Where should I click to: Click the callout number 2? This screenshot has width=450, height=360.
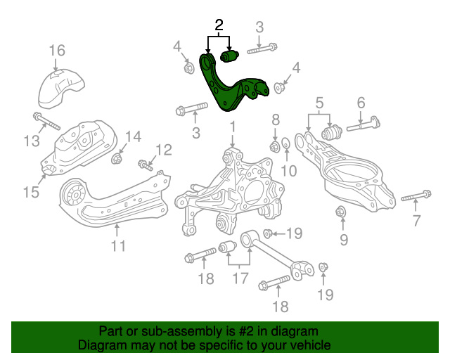point(219,26)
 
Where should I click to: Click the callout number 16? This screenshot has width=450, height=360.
point(57,50)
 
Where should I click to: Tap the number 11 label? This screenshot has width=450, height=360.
point(117,245)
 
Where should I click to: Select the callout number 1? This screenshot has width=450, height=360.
point(231,127)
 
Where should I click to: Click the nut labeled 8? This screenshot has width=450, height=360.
point(276,146)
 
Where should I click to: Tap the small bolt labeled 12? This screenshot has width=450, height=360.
point(146,166)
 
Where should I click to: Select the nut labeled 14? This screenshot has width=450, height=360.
point(117,158)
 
